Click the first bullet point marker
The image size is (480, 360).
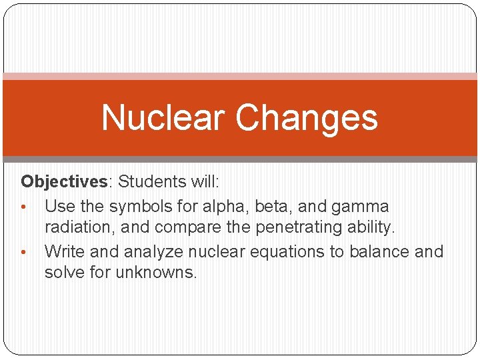(24, 206)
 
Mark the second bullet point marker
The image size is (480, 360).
(24, 252)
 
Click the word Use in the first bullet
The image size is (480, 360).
(59, 206)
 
